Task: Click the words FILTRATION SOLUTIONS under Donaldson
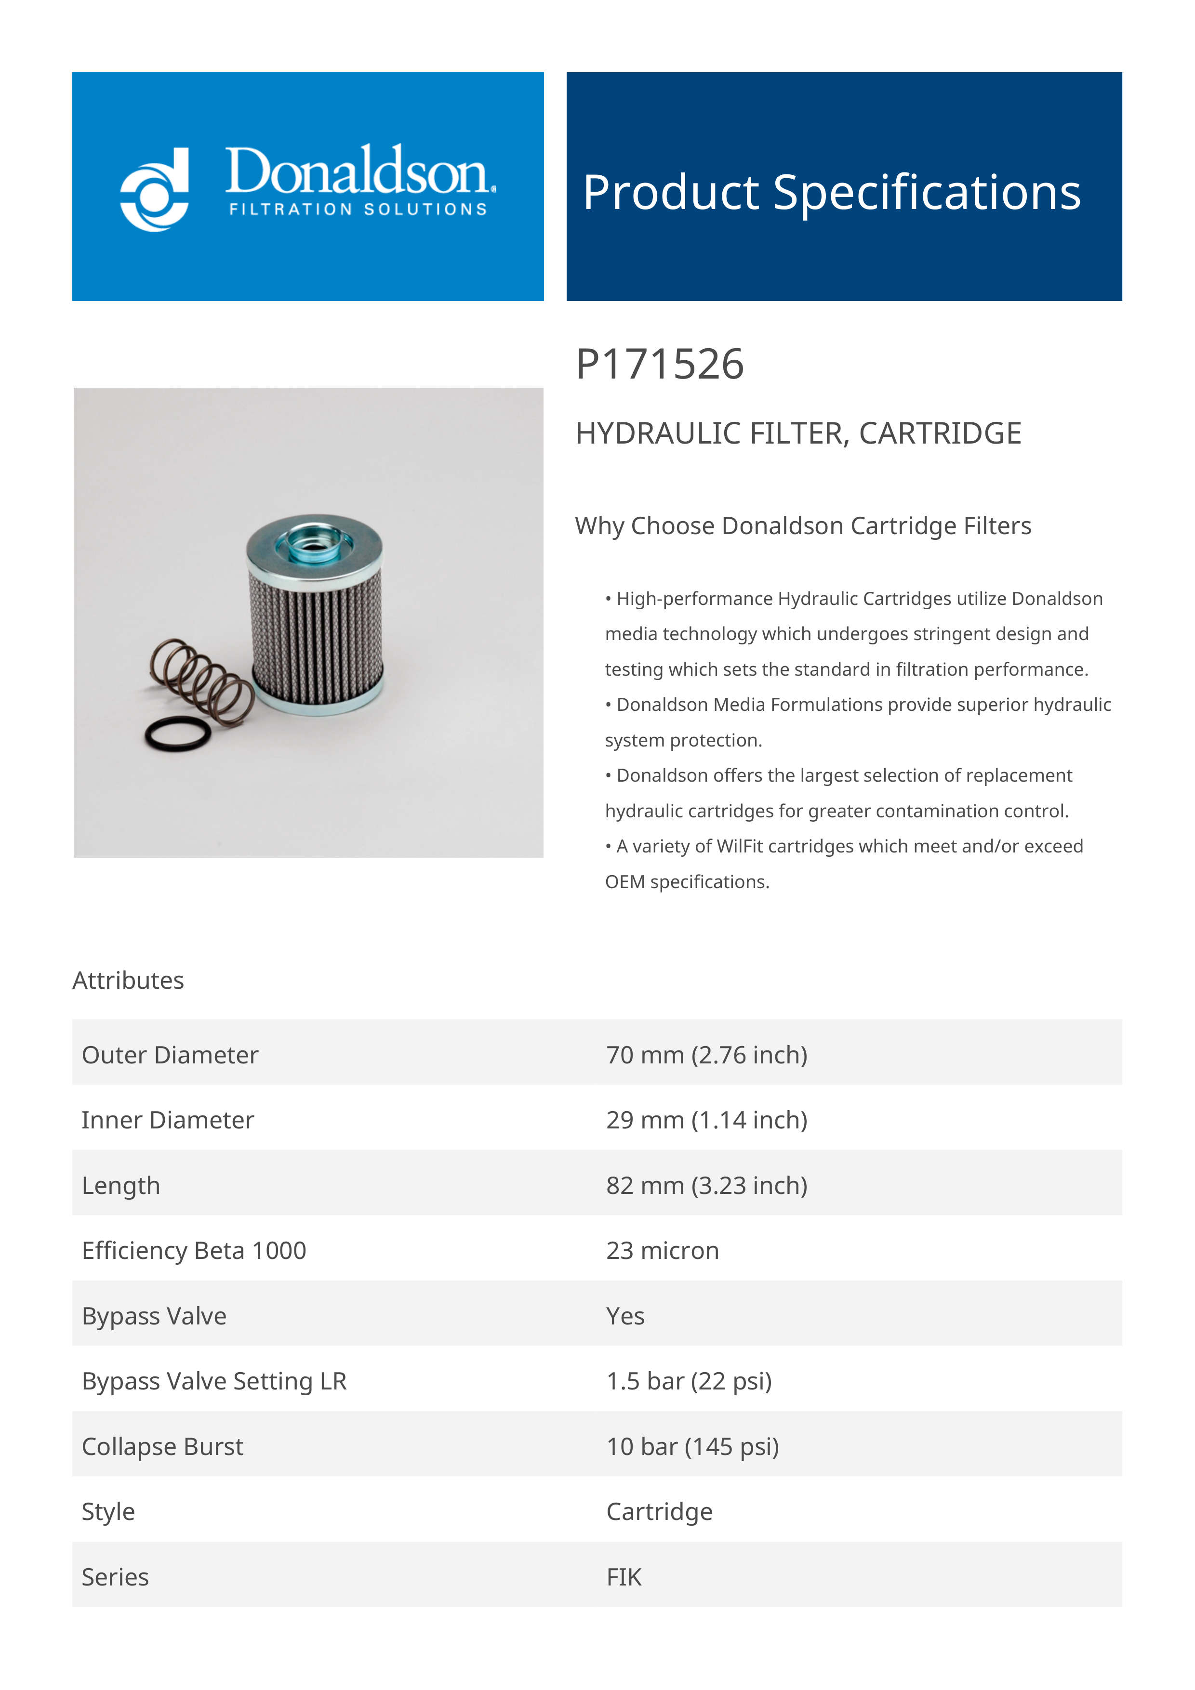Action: [358, 210]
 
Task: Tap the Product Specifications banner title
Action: [831, 193]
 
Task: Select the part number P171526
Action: [660, 365]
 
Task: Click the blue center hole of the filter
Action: [314, 545]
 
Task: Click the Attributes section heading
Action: [128, 981]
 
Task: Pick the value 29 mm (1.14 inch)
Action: [707, 1120]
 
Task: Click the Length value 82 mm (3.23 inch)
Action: [707, 1186]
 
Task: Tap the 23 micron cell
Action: [663, 1251]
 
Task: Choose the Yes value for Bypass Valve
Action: [625, 1316]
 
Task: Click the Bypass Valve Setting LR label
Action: [214, 1382]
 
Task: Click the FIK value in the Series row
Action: [624, 1577]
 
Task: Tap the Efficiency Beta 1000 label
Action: [194, 1251]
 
